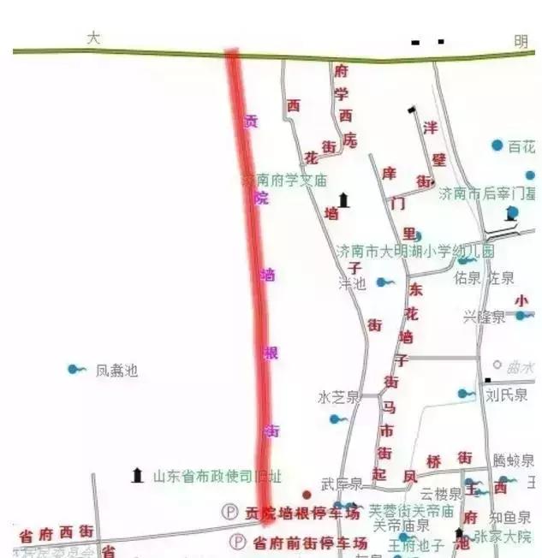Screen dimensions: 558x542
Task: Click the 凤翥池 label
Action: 116,371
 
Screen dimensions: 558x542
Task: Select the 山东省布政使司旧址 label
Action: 217,476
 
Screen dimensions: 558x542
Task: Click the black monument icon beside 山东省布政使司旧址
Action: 137,475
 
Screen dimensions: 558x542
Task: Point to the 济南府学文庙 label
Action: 284,181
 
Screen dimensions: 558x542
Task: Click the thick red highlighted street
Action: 253,282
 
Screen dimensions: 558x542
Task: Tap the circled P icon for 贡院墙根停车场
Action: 229,513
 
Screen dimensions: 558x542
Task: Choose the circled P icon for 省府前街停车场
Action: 238,542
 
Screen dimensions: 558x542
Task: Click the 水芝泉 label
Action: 337,397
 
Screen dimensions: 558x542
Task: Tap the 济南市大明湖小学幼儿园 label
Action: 414,252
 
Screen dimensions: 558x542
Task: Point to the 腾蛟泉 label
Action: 513,460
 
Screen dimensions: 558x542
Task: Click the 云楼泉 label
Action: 441,494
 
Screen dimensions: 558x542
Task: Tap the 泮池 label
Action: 352,282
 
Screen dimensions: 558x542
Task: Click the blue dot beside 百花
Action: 497,146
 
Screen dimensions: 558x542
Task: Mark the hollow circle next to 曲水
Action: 497,365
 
